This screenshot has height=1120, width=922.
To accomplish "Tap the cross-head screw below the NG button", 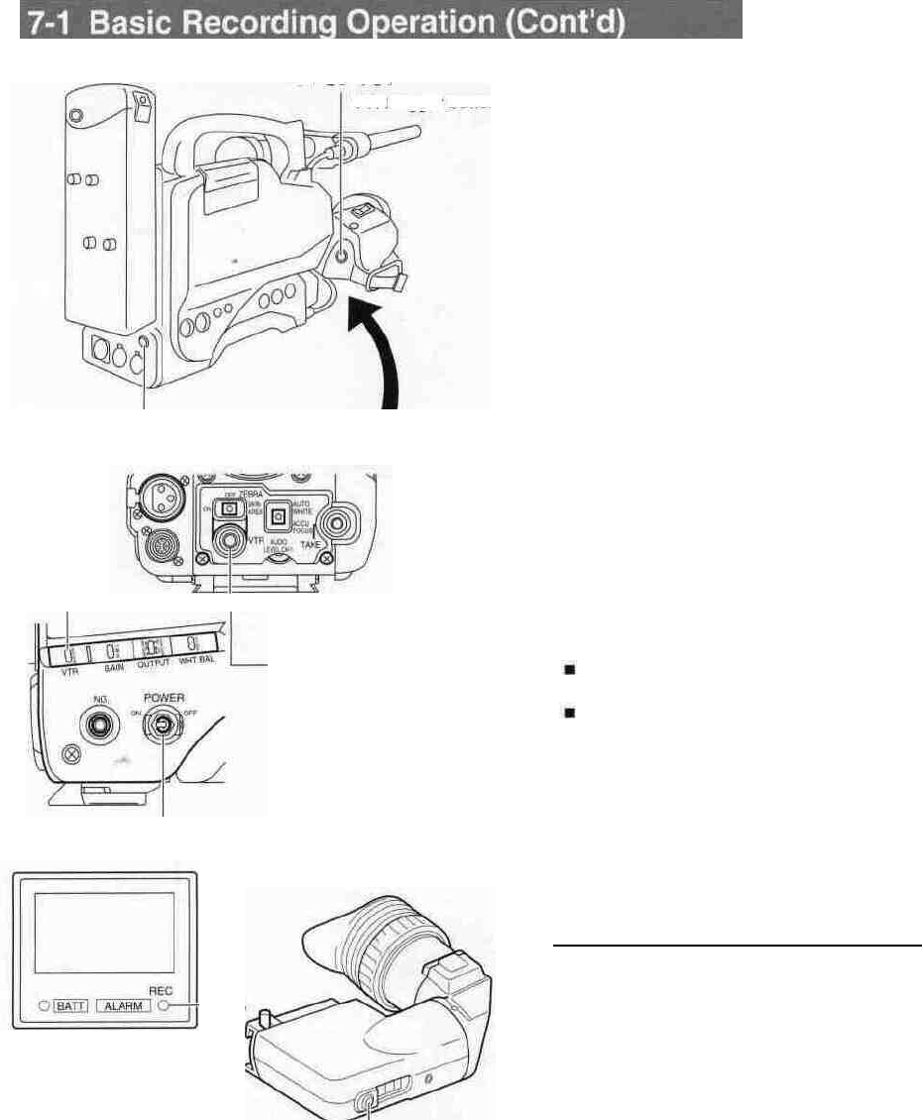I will [69, 778].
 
